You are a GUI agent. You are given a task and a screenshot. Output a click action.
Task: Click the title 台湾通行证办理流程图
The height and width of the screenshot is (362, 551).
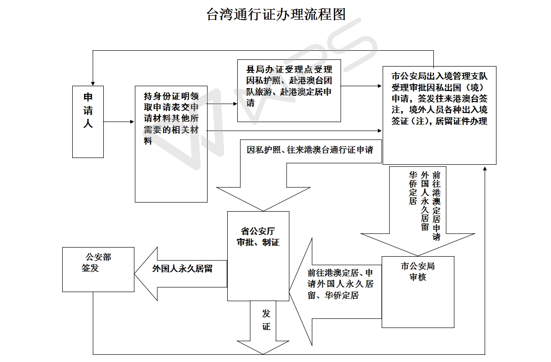[x=276, y=14]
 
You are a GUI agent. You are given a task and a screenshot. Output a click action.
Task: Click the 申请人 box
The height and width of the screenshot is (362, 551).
[x=88, y=122]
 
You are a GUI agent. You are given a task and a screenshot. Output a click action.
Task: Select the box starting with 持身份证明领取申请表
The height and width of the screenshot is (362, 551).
[x=171, y=144]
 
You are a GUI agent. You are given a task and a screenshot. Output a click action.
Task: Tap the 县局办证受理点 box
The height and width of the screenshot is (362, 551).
[x=289, y=91]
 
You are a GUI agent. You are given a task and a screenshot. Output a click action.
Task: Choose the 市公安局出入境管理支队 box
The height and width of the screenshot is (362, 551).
[x=439, y=115]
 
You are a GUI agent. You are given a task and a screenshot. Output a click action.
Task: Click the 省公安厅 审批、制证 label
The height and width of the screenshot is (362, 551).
[x=258, y=237]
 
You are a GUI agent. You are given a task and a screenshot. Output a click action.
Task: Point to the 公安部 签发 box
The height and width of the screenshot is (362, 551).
[x=98, y=270]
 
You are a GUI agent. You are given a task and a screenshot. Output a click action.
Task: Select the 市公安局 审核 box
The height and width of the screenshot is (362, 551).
[x=418, y=292]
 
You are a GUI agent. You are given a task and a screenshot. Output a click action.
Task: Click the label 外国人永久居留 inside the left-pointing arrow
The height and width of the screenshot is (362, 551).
[x=182, y=269]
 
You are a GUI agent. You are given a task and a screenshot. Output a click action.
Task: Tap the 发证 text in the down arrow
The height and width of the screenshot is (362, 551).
[x=266, y=320]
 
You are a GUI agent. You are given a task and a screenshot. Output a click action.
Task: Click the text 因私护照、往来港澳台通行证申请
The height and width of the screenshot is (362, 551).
[x=310, y=150]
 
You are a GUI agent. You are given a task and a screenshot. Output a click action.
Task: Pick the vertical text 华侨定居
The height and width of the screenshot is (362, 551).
[x=413, y=188]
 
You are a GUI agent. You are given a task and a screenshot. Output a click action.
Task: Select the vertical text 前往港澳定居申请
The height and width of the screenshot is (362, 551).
[x=436, y=206]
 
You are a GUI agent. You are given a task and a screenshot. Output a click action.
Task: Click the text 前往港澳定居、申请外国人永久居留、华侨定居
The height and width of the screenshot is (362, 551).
[x=340, y=284]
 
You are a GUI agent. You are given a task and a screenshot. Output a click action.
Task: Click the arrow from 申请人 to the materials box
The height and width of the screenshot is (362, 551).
[x=119, y=122]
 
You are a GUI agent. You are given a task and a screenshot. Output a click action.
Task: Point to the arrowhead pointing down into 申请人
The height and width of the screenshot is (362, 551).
[x=93, y=83]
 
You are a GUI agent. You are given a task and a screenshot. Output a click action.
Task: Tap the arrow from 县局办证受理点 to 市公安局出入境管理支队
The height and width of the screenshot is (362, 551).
[x=361, y=86]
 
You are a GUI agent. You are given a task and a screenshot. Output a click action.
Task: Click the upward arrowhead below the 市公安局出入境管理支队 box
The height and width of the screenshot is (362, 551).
[x=485, y=169]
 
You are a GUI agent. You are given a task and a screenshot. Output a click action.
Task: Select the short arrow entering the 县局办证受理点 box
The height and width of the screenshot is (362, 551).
[x=222, y=104]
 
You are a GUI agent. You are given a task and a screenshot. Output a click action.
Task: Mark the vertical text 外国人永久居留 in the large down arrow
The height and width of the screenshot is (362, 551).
[x=425, y=201]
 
